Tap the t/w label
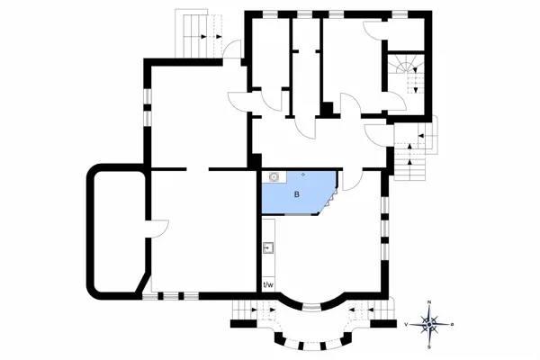268,286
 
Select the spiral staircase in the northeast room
406,73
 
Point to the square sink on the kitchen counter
268,247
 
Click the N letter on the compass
430,302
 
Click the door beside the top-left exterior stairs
231,50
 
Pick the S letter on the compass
430,345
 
